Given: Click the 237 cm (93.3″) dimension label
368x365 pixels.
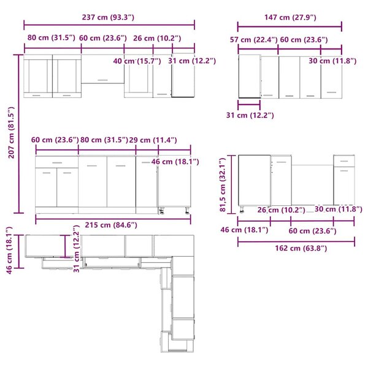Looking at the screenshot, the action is (108, 17).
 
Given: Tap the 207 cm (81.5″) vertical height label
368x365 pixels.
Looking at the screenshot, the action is (11, 133).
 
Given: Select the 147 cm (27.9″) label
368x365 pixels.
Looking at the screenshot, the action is (290, 17).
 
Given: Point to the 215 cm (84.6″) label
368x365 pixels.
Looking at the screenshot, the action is (111, 225).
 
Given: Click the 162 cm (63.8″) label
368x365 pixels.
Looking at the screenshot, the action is (301, 248).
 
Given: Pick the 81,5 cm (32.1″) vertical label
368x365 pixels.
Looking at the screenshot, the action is (223, 185).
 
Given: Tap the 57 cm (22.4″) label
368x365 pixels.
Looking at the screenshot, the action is (254, 40).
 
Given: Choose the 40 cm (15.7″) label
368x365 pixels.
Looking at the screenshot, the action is (137, 61).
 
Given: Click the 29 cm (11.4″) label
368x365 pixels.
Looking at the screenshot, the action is (153, 140).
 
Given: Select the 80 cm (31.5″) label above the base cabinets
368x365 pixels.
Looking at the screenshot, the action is (104, 140).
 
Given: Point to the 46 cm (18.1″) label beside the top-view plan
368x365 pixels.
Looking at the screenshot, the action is (9, 250).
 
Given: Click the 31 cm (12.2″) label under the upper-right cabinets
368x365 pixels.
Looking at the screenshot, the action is (250, 115).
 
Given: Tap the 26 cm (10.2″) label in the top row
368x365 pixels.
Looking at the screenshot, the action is (157, 38).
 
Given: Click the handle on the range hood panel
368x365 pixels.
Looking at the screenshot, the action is (102, 80).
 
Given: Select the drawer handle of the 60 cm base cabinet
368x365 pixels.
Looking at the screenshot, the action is (57, 163).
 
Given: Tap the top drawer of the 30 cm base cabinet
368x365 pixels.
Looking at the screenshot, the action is (344, 161).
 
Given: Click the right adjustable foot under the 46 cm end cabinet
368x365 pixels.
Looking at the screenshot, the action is (187, 211).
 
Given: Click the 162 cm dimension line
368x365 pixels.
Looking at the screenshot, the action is (296, 241).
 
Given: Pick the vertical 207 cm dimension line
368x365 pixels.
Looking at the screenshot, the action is (19, 134).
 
